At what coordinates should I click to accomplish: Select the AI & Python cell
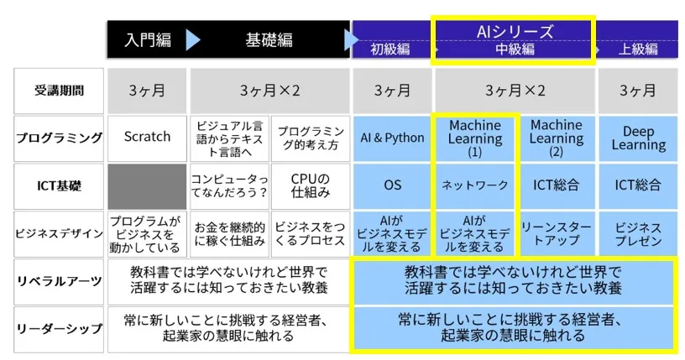[x=392, y=138]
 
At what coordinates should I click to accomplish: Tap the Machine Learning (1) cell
[x=475, y=138]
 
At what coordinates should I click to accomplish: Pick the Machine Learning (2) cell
[x=557, y=138]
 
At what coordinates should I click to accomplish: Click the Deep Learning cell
[x=638, y=138]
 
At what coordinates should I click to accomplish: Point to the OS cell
[x=392, y=186]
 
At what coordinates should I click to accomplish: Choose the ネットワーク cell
[x=475, y=186]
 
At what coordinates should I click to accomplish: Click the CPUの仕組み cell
[x=310, y=186]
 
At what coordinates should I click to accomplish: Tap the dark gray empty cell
[x=147, y=186]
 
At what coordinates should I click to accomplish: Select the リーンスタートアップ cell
[x=557, y=234]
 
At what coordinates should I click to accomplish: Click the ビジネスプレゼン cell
[x=638, y=234]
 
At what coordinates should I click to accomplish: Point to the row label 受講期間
[x=59, y=91]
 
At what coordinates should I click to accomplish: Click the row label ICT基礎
[x=59, y=186]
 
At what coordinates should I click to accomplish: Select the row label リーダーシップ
[x=59, y=329]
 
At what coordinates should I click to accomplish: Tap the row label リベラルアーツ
[x=59, y=281]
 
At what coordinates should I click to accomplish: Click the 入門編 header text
[x=148, y=40]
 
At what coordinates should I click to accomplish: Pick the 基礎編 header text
[x=269, y=40]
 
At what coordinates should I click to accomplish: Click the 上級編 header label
[x=638, y=49]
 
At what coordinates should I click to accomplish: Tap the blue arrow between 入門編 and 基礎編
[x=193, y=40]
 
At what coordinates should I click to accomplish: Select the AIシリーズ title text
[x=515, y=32]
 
